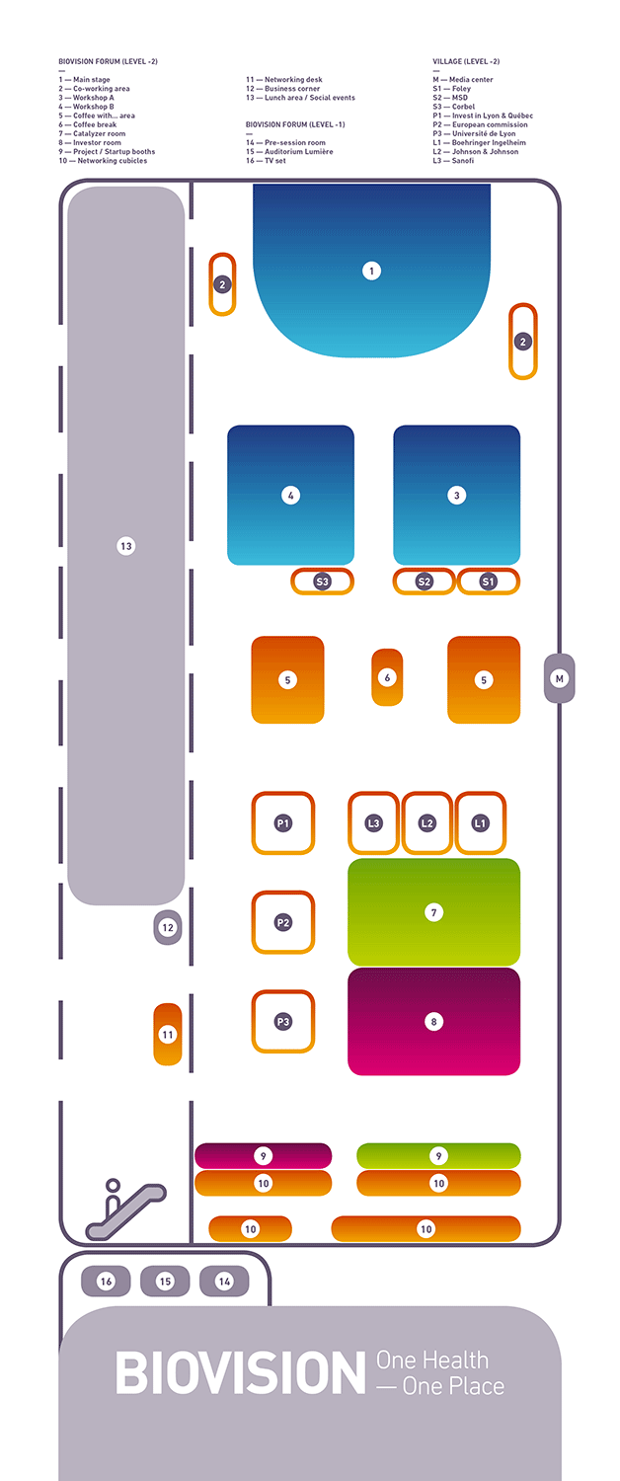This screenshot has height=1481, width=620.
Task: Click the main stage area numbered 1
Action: point(371,271)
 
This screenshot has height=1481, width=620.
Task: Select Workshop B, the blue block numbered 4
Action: point(291,496)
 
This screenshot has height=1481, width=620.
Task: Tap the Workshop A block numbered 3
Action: point(457,496)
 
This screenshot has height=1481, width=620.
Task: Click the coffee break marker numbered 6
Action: point(387,677)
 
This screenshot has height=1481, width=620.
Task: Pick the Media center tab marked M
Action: point(559,678)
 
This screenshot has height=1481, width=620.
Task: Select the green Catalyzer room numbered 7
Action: point(433,911)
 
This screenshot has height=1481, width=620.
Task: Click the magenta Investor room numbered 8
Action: point(433,1022)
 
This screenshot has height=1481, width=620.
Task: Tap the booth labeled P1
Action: point(283,823)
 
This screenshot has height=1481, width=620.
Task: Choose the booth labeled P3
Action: point(283,1022)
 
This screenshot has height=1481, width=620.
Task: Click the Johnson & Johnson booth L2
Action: point(427,823)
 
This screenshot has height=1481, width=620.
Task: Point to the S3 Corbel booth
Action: point(322,582)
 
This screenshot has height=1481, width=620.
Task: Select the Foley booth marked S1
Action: point(488,582)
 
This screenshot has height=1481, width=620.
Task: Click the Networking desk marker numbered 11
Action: point(168,1034)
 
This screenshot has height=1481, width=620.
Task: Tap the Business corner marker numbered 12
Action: point(168,928)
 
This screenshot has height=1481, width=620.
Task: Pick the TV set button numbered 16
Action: point(106,1282)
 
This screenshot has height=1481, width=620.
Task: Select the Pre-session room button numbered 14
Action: point(224,1282)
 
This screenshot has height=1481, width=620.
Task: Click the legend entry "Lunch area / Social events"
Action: point(310,98)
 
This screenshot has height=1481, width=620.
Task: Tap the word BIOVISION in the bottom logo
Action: point(241,1373)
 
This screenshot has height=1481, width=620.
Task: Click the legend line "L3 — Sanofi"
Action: point(453,161)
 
